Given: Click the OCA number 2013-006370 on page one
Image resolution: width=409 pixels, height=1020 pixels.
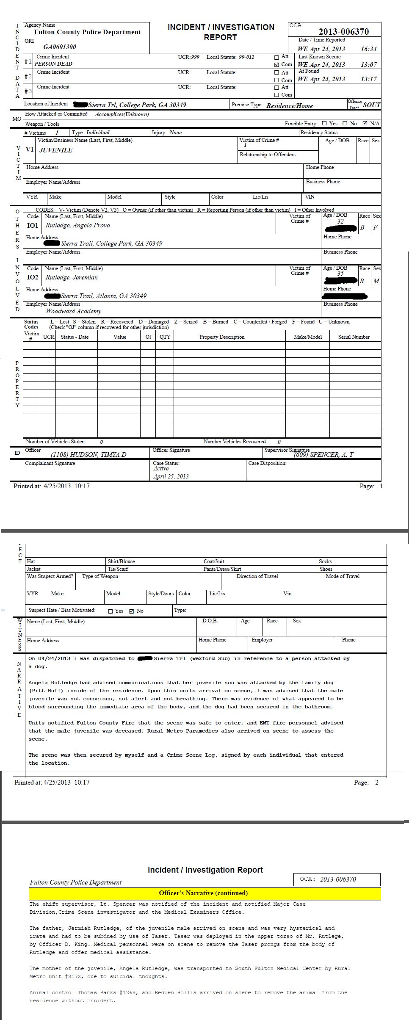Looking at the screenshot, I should click(x=343, y=32).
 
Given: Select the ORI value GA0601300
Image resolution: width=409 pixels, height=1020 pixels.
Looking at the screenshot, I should click(x=60, y=47).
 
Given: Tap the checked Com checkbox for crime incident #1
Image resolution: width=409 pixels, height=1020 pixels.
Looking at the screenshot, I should click(x=277, y=65).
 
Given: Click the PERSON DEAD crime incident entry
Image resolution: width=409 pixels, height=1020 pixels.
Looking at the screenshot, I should click(x=53, y=64).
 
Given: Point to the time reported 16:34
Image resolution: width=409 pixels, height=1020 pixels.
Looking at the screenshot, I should click(x=368, y=49).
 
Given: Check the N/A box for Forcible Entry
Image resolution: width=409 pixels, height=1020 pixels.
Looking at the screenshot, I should click(x=365, y=124).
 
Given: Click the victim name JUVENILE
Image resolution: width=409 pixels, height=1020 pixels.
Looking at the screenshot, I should click(x=56, y=150).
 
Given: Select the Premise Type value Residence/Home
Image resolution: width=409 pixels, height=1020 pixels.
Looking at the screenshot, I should click(x=290, y=106).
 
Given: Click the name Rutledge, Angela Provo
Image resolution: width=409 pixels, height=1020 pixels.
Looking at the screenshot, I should click(x=78, y=226).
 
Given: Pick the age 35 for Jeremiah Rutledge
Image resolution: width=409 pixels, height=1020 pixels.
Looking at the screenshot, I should click(x=340, y=274).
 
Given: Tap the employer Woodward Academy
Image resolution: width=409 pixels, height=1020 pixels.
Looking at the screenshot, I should click(x=74, y=311).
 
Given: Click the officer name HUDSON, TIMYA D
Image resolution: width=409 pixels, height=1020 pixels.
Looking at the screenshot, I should click(x=88, y=455).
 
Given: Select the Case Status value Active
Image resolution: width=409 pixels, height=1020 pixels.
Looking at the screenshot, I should click(x=161, y=469).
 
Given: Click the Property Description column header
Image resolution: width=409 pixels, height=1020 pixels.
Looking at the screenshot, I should click(x=222, y=337).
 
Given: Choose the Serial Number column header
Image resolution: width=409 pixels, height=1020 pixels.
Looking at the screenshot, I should click(x=354, y=337).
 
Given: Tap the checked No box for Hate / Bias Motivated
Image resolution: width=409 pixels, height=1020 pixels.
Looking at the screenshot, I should click(x=132, y=611).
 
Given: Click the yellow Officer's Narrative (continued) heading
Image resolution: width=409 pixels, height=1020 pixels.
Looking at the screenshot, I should click(x=203, y=893).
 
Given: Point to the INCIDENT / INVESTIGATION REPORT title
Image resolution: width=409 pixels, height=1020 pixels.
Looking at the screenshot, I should click(x=221, y=32).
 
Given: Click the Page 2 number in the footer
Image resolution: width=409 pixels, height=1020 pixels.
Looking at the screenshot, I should click(x=377, y=782).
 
